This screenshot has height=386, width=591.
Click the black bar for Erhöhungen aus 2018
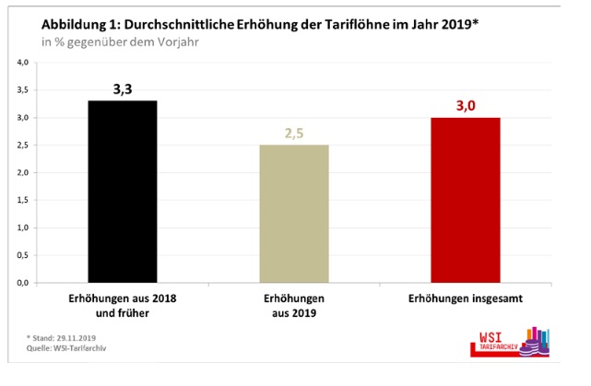122,191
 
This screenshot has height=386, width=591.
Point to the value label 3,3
122,88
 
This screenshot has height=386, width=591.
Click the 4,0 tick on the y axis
26,62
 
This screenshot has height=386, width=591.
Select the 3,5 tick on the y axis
26,89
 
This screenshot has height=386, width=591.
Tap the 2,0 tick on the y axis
26,172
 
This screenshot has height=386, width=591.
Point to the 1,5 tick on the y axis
26,200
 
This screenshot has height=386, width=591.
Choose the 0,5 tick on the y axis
26,255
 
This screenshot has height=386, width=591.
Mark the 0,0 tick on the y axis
26,283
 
